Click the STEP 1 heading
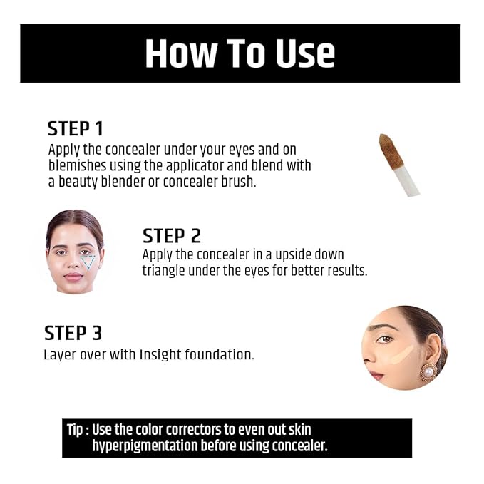point(75,129)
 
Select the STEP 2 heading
point(171,236)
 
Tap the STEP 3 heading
point(73,334)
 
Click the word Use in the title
point(299,53)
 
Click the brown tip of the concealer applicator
point(389,149)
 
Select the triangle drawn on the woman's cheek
point(88,262)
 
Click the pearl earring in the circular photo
point(428,371)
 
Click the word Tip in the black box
point(76,431)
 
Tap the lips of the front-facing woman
point(74,277)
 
